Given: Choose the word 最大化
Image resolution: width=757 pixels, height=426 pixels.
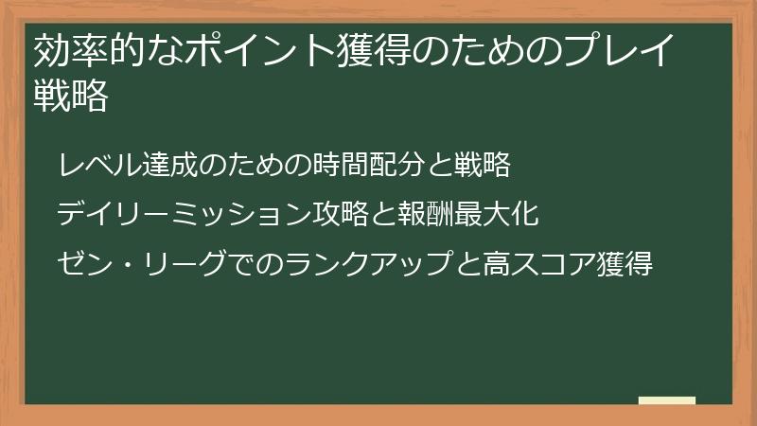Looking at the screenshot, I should click(x=497, y=215).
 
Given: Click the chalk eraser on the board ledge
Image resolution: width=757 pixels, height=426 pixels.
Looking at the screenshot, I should click(x=666, y=400).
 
